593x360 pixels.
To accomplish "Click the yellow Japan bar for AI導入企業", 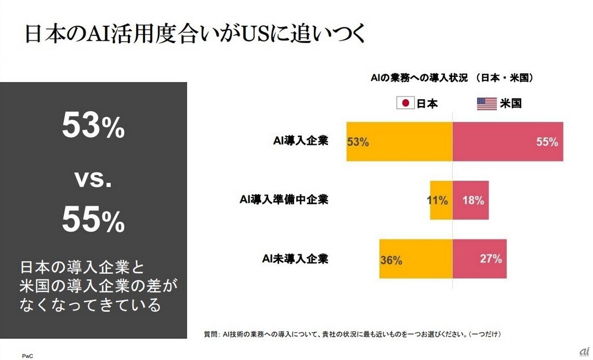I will [x=399, y=142].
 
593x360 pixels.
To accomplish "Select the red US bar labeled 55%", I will [x=508, y=142].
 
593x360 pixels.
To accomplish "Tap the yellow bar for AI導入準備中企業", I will [x=441, y=200].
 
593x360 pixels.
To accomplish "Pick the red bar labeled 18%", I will [x=471, y=200].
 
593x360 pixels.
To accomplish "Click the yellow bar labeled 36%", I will [x=416, y=259].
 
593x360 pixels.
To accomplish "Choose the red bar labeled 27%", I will [x=479, y=259].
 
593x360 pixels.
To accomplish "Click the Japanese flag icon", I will [x=405, y=103].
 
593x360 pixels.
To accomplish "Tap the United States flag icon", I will [x=486, y=103].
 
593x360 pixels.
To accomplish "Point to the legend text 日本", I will [x=427, y=103].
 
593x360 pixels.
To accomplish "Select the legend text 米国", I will [x=511, y=103].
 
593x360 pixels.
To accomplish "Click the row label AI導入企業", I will [x=300, y=141].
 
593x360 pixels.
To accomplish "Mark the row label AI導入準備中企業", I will [x=284, y=200].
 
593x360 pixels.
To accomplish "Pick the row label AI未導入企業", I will [x=295, y=259].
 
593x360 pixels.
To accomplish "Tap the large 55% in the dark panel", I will [x=94, y=220].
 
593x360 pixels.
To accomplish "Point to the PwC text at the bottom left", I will [x=27, y=356].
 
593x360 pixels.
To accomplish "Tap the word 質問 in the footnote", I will [x=211, y=334].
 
